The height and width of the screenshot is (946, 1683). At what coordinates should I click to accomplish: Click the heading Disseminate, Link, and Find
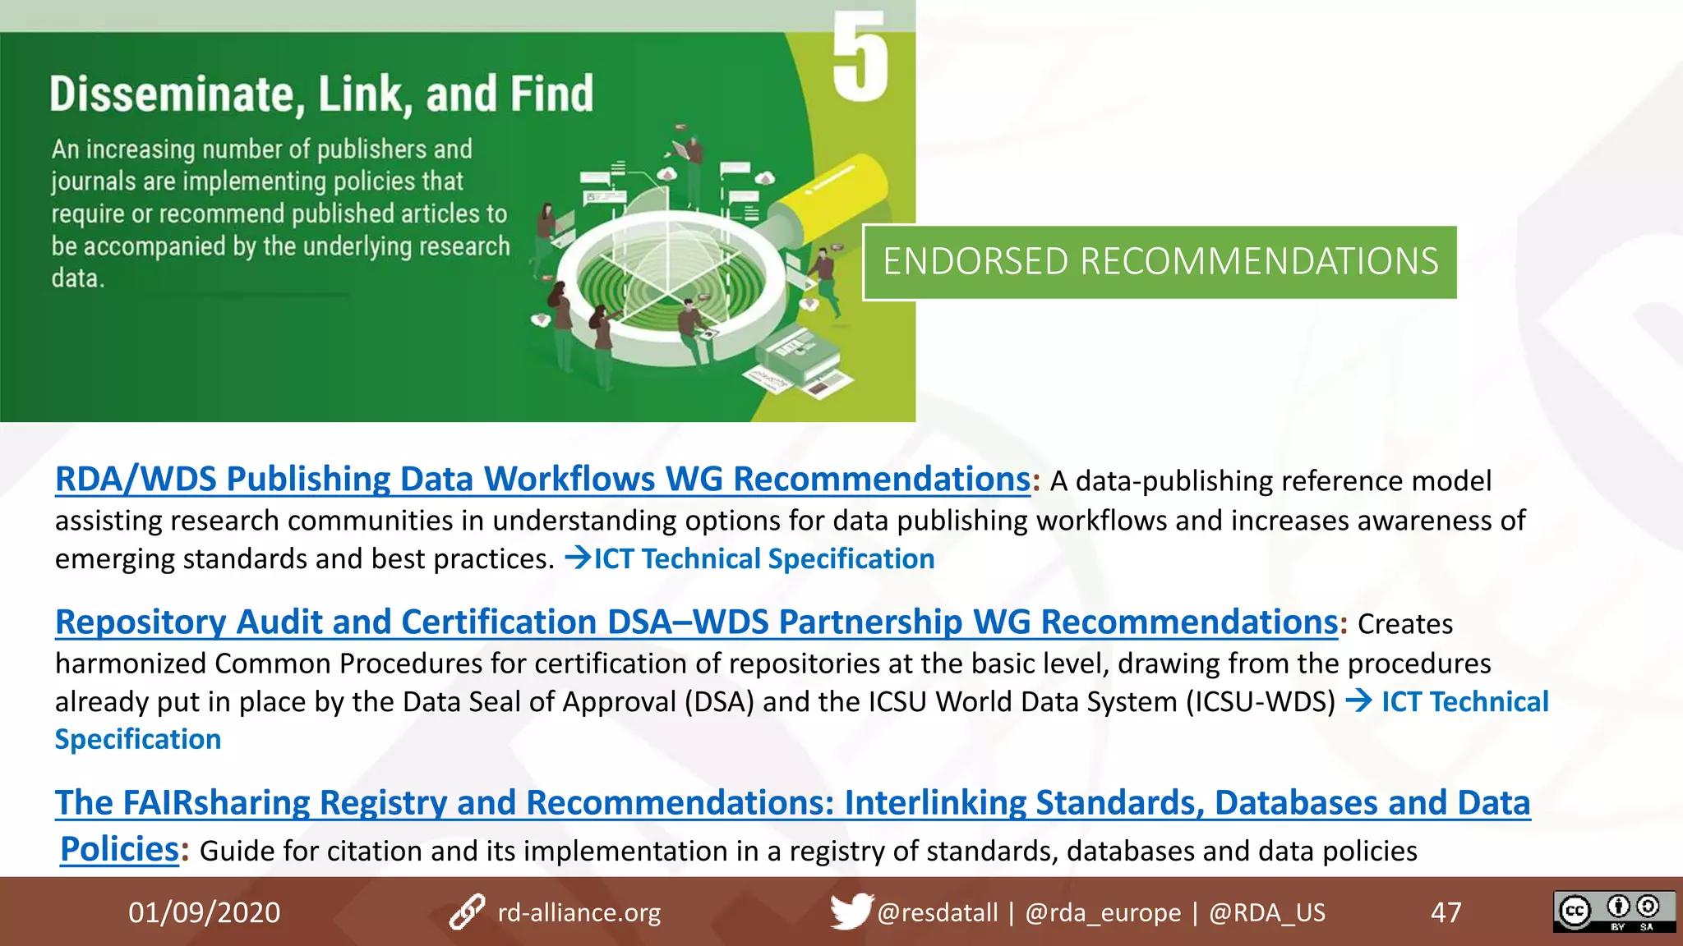[321, 94]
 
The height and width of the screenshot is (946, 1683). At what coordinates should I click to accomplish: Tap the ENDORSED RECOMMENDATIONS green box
[1160, 262]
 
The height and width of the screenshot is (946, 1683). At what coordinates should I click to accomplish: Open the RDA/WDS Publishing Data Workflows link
[542, 480]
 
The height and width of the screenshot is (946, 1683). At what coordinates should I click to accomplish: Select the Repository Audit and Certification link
[696, 622]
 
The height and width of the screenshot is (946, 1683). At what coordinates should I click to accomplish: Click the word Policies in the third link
[119, 849]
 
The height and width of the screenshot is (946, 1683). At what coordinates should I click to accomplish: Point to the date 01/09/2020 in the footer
[204, 912]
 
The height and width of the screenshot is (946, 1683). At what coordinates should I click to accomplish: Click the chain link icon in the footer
[467, 912]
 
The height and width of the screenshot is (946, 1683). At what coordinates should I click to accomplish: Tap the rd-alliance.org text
[579, 912]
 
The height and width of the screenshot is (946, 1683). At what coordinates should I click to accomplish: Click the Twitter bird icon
[850, 912]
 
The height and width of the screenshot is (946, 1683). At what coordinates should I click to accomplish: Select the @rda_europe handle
[1103, 912]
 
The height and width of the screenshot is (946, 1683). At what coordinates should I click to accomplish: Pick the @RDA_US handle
[1266, 912]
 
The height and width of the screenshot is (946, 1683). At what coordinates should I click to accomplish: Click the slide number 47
[1446, 912]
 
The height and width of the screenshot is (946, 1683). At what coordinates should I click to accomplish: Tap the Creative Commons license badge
[1614, 912]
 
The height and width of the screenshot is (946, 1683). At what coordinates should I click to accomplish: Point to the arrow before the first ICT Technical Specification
[578, 558]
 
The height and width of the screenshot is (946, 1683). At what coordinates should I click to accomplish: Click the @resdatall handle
[937, 912]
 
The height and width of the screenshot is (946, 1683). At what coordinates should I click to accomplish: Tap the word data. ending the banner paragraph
[78, 278]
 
